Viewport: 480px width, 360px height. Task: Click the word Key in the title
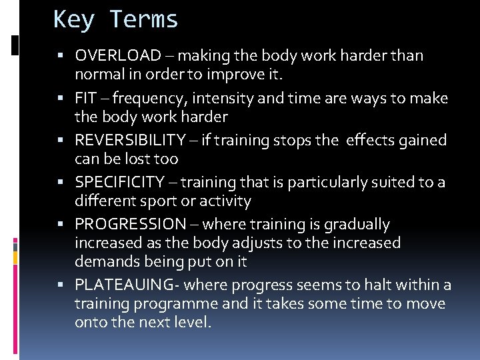(x=75, y=19)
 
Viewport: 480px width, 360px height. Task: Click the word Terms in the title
(x=145, y=19)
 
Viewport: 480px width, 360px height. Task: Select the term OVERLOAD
(x=118, y=55)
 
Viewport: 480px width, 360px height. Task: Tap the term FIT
(x=86, y=99)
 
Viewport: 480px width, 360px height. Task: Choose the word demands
(x=105, y=261)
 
